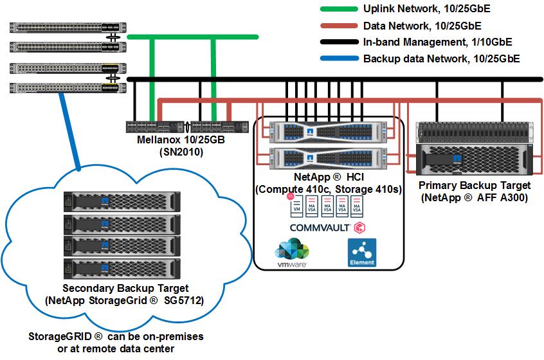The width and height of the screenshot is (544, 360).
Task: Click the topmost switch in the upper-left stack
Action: pos(64,28)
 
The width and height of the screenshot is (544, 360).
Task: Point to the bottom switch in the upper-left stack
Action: pos(64,87)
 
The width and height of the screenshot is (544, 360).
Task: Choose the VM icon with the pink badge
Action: pos(296,206)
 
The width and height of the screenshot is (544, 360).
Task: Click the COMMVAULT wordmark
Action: pos(319,228)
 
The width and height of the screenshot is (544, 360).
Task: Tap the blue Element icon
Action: pos(361,253)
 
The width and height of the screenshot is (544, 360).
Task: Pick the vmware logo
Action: pos(291,252)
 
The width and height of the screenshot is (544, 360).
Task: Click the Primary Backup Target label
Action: pos(474,186)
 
